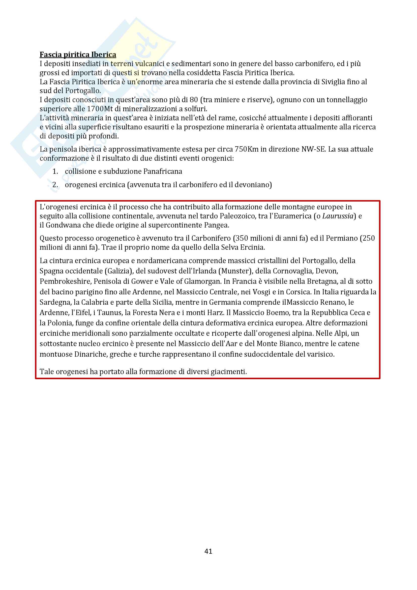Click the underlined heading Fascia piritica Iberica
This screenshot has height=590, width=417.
(78, 54)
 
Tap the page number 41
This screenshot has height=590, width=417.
(208, 551)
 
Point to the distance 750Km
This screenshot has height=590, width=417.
(247, 149)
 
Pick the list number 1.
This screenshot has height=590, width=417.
(55, 171)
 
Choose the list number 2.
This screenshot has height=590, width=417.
(55, 185)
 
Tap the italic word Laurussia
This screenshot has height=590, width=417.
(338, 216)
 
